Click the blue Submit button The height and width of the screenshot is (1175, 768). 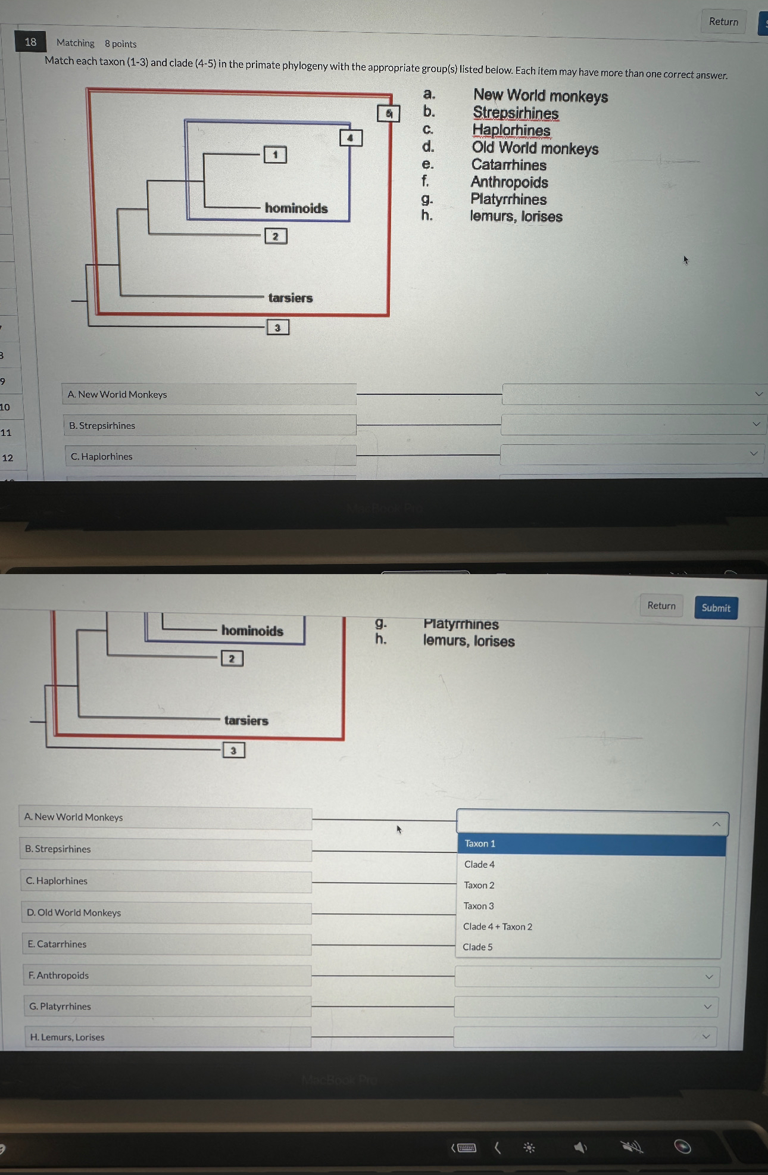[x=716, y=607]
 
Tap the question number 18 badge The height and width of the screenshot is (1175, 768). [x=30, y=42]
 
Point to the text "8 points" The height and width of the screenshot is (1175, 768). [x=120, y=43]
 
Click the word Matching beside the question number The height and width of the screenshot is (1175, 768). [x=75, y=43]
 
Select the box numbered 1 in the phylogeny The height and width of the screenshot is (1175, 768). [x=275, y=155]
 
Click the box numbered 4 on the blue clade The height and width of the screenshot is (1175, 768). [x=350, y=138]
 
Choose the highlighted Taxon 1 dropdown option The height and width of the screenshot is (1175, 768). [x=480, y=844]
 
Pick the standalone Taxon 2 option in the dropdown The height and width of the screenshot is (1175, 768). [x=479, y=885]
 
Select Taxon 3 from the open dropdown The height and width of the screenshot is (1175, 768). [x=479, y=906]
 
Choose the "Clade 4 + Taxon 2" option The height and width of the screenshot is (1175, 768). [x=498, y=927]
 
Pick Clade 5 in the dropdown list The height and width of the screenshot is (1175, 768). [x=477, y=947]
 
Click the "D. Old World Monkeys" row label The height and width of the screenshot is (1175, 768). [x=74, y=912]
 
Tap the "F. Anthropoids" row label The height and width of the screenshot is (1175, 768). [x=58, y=975]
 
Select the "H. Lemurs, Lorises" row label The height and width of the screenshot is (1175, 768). [x=67, y=1037]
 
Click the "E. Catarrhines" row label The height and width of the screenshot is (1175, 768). [x=57, y=944]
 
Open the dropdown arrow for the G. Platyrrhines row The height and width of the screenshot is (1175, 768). [x=707, y=1006]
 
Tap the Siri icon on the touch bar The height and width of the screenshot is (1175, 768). [x=682, y=1146]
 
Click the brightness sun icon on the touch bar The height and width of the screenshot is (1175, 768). [x=529, y=1148]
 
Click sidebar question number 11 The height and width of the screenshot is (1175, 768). [x=6, y=432]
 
